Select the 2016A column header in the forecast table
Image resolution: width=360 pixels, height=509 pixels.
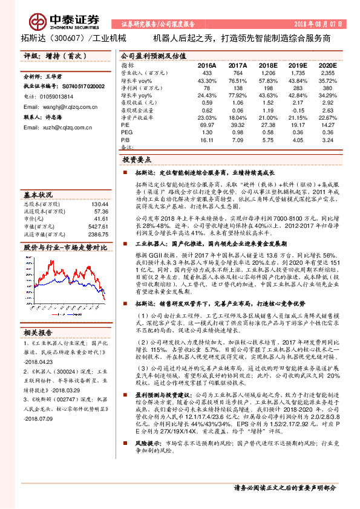(206, 65)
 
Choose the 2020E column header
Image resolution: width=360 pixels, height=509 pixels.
(326, 65)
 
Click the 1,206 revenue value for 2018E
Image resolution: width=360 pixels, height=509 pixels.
(267, 73)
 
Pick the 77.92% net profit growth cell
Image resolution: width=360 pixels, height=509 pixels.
(237, 96)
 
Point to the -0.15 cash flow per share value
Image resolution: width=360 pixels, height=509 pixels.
(297, 111)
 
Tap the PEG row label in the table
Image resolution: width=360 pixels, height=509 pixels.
(126, 132)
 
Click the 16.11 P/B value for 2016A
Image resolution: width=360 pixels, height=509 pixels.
(207, 140)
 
